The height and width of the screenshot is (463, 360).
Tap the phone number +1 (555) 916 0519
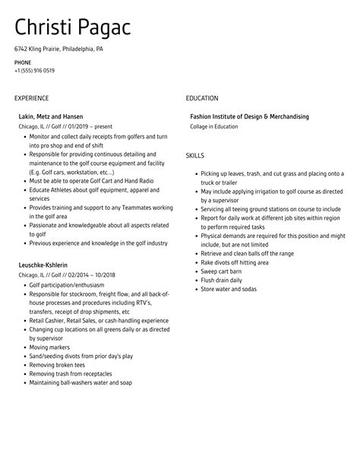34,71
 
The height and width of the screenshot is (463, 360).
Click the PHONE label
22,62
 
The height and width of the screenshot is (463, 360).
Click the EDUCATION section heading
202,98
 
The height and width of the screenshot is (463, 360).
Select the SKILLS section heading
195,155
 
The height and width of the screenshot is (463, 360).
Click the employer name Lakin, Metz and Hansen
50,116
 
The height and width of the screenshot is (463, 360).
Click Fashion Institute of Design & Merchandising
249,116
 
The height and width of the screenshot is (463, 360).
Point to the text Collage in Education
214,126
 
